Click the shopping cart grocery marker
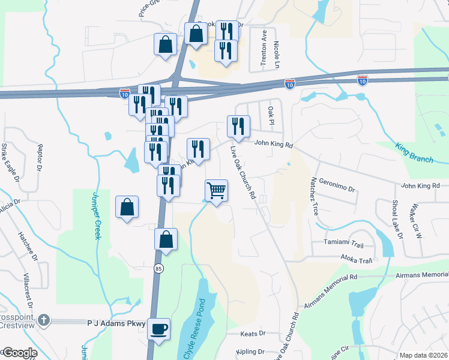click(x=216, y=191)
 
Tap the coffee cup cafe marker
click(x=158, y=329)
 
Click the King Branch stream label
click(x=414, y=152)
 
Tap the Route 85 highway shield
click(x=158, y=266)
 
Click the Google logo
click(x=20, y=353)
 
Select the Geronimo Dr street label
click(x=337, y=184)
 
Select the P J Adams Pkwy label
click(x=116, y=323)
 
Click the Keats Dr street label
click(x=253, y=334)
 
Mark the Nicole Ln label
click(x=276, y=54)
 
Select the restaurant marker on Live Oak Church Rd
click(x=238, y=127)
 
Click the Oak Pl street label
click(x=271, y=112)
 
